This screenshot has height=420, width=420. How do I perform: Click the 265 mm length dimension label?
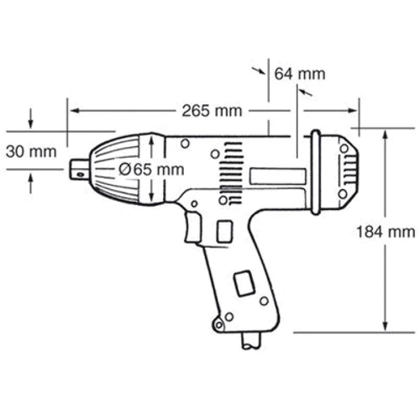click(212, 111)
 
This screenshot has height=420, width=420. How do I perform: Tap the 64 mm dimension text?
click(300, 74)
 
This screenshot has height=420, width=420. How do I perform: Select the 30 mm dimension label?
click(31, 152)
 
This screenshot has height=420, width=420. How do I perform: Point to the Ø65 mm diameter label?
click(151, 170)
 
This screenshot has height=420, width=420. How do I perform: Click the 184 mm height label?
click(386, 232)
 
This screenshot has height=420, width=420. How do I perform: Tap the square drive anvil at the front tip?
click(80, 169)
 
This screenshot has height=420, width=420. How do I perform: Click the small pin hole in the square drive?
click(80, 175)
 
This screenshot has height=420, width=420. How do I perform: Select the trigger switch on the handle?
click(192, 227)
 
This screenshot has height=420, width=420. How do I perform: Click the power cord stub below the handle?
click(251, 341)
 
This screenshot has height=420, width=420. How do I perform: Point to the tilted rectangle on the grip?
click(244, 283)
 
